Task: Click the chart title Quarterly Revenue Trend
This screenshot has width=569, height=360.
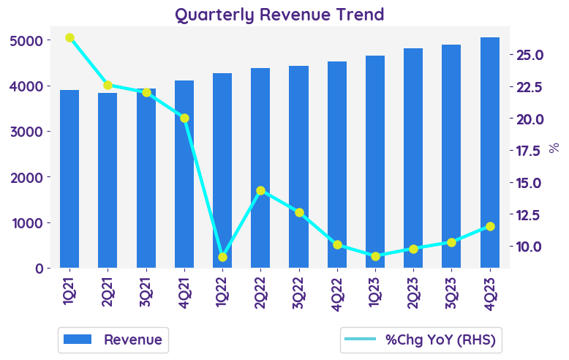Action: point(279,15)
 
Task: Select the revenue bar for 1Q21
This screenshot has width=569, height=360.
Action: point(69,179)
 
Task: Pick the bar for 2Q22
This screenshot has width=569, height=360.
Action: point(260,168)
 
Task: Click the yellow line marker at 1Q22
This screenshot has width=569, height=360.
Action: point(222,257)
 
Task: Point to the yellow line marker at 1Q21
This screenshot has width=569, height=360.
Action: point(69,37)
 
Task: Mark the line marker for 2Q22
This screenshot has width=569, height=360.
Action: point(260,190)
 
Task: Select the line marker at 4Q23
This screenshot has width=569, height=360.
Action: point(490,226)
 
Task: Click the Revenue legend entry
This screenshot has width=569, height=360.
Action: point(113,340)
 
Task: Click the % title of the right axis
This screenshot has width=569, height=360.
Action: point(554,148)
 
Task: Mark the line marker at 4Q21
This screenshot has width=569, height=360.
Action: point(184,118)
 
